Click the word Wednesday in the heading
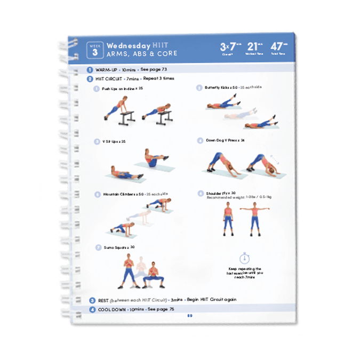click(129, 46)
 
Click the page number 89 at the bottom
click(189, 315)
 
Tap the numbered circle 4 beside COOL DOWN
click(92, 309)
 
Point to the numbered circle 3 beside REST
click(92, 300)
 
